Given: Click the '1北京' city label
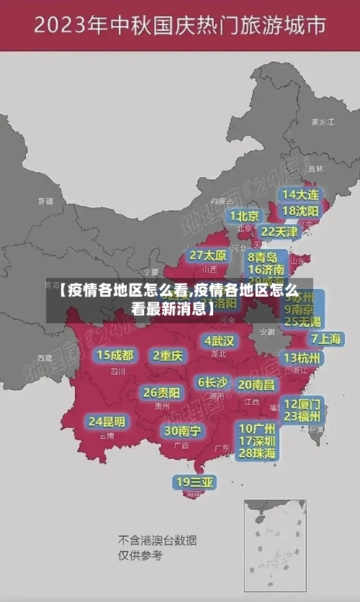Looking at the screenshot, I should coord(244,215).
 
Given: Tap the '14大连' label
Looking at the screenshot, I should coord(301,194).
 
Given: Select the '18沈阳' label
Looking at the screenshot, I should coord(301,210).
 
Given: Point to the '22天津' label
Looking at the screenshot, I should coord(279,231).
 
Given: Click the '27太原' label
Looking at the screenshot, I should coord(208,255).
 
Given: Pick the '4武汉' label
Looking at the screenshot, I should coord(219,340).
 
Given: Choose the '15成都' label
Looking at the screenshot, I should coord(115,355).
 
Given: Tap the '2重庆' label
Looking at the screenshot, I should coord(168,355).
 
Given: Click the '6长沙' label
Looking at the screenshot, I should coord(212,382).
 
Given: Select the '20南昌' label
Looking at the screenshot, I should coord(256,385).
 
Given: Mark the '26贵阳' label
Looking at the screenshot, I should coord(161,392).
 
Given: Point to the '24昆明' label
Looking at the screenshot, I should coord(107,421).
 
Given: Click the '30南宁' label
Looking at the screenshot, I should coord(182,431).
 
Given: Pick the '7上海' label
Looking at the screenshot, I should coord(325,338).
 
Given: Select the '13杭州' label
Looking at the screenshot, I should coord(302,358).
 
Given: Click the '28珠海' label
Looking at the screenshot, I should coord(257,453).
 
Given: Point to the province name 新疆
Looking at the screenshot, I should coord(46,201).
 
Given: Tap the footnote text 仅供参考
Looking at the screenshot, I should coord(140,555).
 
